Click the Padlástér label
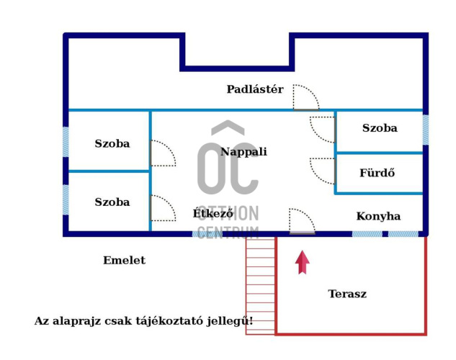pos(255,89)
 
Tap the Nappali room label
pos(243,152)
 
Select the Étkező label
pos(213,213)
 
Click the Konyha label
pos(378,216)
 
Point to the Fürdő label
pos(377,174)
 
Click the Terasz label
pos(347,294)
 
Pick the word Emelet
pos(124,261)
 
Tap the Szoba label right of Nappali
pos(380,128)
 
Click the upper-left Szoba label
pos(112,143)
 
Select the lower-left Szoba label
pos(112,202)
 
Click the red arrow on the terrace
pos(302,262)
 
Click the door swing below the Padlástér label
pos(305,98)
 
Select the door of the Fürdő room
pos(323,170)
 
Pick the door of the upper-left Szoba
pos(162,153)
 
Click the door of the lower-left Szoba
pos(162,208)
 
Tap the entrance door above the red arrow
pos(302,221)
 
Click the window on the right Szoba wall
pos(425,130)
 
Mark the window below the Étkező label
pos(207,233)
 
